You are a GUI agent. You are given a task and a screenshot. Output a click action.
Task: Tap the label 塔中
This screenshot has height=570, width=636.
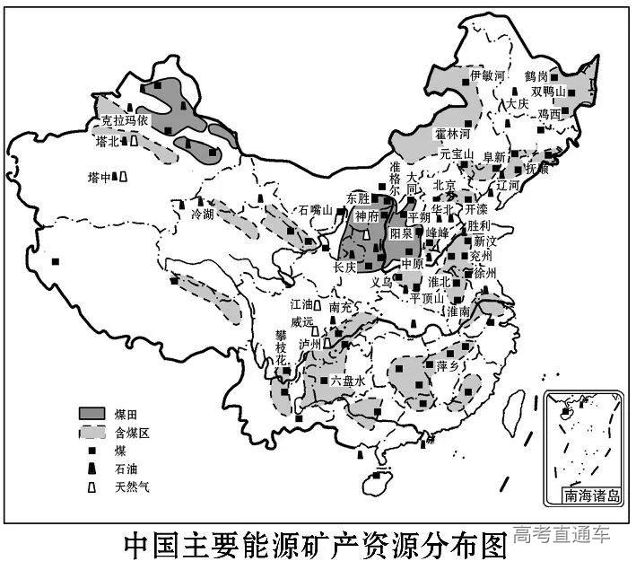click(100, 177)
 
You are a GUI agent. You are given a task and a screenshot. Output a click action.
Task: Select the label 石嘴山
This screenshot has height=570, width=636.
click(316, 211)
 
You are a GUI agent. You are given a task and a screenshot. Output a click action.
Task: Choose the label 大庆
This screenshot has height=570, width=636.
click(518, 103)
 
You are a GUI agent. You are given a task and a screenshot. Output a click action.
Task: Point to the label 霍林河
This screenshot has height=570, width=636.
click(453, 134)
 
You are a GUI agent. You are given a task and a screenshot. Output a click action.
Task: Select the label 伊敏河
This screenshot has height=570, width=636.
click(489, 76)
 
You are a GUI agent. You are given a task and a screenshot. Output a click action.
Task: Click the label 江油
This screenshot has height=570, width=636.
click(303, 305)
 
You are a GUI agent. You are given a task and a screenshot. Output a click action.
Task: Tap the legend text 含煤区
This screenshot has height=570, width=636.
click(131, 432)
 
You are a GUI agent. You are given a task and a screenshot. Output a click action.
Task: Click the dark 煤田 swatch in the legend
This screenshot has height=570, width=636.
click(91, 412)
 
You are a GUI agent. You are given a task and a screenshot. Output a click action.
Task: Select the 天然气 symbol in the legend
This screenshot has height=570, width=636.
click(91, 487)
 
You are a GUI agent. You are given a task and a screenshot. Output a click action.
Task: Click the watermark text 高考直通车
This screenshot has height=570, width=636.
click(562, 536)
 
